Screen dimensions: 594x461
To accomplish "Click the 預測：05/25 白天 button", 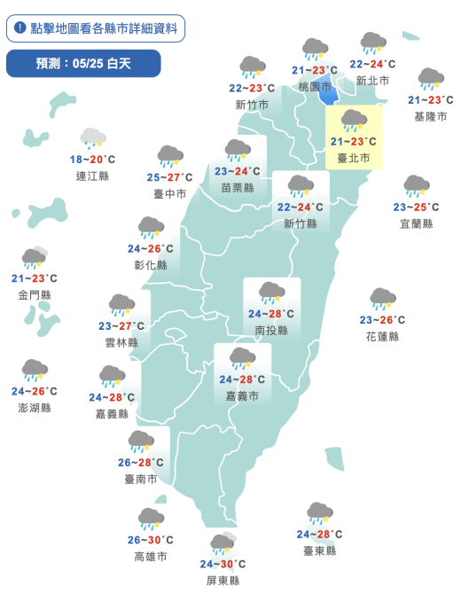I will [x=83, y=63].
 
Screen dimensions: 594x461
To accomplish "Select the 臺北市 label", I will [x=353, y=157].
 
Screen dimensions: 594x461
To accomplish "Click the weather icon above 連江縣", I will [x=93, y=137].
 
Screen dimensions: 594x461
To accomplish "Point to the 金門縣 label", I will [x=34, y=294].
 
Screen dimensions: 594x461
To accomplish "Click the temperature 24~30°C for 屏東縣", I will [x=223, y=564].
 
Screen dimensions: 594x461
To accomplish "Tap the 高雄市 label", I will [x=151, y=556].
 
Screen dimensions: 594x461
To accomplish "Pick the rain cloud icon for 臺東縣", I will [x=319, y=512].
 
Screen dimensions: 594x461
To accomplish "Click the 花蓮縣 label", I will [x=382, y=336].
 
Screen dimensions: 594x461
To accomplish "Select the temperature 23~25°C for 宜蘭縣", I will [x=416, y=207].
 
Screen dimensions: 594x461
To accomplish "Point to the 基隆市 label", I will [x=431, y=116].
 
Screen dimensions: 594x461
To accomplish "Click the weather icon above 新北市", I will [x=373, y=43].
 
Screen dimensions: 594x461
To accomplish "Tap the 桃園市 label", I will [x=315, y=87].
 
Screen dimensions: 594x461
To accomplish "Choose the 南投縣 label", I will [x=271, y=330].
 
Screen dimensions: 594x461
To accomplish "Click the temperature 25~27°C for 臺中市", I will [x=168, y=177].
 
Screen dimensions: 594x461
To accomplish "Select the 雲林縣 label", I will [x=121, y=342].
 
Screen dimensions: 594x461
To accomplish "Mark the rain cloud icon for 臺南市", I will [x=140, y=441].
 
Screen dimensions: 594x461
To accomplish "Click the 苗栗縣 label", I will [x=238, y=187].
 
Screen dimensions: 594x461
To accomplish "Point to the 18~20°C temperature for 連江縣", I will [x=92, y=160].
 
